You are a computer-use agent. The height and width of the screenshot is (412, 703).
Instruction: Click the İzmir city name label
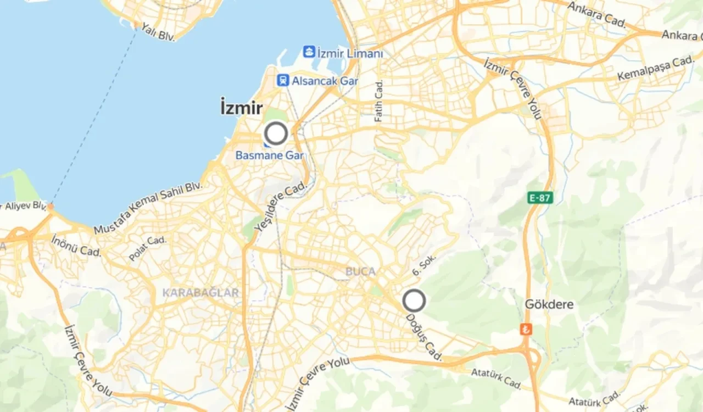click(242, 107)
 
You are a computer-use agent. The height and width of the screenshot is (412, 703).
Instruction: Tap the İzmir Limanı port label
click(350, 53)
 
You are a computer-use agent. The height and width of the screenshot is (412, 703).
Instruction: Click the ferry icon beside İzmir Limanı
click(309, 52)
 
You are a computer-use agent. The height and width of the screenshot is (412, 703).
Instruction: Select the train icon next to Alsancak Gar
click(283, 81)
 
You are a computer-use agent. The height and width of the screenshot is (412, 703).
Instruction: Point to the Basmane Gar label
click(269, 155)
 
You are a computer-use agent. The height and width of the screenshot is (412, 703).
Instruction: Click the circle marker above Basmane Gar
click(276, 133)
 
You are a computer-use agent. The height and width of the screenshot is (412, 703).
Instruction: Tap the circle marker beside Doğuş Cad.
click(414, 300)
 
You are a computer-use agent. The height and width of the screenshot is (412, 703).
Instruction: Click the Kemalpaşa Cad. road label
click(656, 69)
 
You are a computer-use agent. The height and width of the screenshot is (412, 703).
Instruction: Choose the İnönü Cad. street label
click(76, 246)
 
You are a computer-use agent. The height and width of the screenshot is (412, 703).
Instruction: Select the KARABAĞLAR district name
click(200, 293)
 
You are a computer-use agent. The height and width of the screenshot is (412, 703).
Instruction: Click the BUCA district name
click(360, 271)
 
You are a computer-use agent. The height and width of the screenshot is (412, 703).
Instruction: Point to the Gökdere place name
click(549, 304)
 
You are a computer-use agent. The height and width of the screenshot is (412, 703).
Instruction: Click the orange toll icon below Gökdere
click(526, 329)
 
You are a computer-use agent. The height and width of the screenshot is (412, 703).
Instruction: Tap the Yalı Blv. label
click(158, 31)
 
